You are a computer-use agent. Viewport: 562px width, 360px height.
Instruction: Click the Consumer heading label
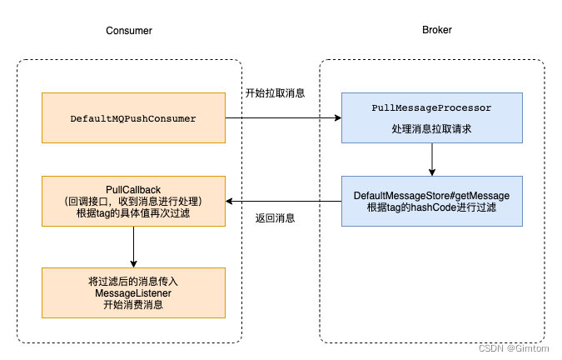[129, 30]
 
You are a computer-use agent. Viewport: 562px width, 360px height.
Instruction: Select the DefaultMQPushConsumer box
[133, 118]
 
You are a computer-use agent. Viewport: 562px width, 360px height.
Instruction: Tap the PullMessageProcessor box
[430, 117]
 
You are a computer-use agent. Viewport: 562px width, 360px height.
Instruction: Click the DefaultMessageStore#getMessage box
[431, 201]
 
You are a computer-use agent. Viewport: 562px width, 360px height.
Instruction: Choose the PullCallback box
[133, 201]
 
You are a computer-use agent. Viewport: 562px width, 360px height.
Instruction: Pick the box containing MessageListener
[133, 292]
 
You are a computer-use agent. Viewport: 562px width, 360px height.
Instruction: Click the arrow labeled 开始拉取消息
[283, 118]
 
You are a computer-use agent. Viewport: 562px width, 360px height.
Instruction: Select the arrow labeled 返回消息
[283, 201]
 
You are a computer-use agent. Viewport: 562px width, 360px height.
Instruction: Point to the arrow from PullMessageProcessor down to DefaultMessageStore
[431, 159]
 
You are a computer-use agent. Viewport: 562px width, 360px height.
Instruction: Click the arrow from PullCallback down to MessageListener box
[133, 247]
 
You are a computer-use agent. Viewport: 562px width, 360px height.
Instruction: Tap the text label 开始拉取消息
[275, 92]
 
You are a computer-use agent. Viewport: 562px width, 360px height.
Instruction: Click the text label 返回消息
[275, 218]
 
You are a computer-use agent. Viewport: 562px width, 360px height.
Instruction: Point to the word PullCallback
[133, 189]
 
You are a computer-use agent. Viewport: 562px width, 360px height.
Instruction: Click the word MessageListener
[133, 292]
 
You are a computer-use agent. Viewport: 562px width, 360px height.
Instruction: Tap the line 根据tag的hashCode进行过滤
[431, 207]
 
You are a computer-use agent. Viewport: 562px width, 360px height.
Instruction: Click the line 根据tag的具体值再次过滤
[133, 213]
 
